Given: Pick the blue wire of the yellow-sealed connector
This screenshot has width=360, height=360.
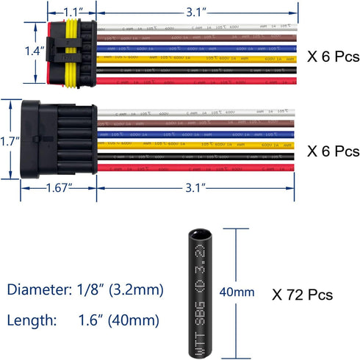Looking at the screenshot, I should click(191, 46).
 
